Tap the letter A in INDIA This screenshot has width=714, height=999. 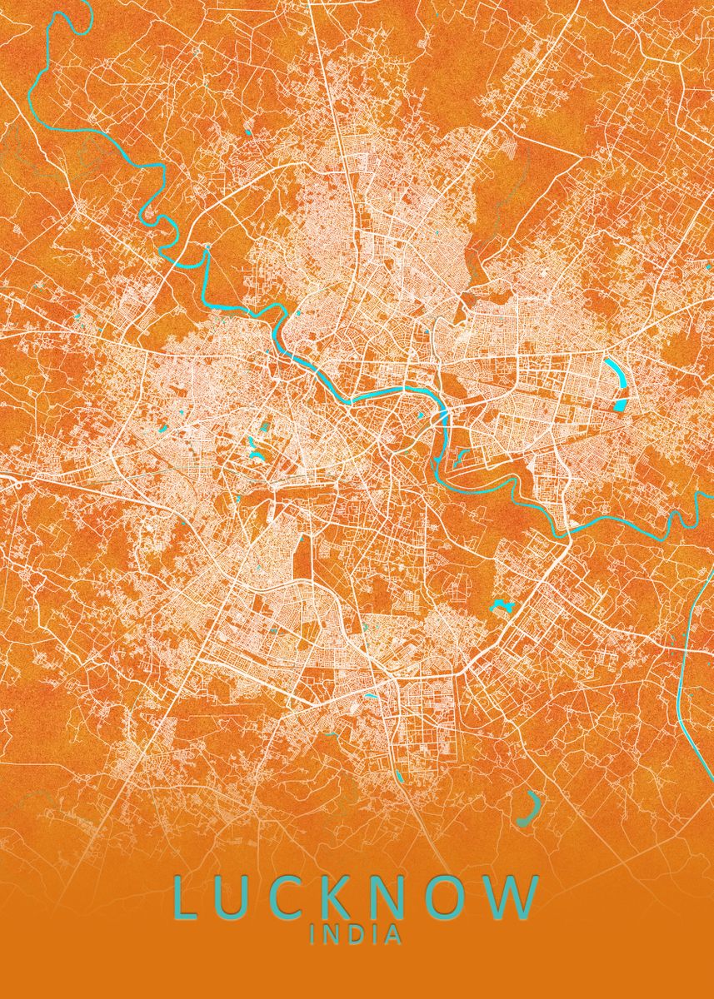coord(392,936)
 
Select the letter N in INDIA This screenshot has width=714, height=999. coord(331,936)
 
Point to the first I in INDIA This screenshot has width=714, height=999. coord(313,936)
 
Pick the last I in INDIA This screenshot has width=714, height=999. coord(373,936)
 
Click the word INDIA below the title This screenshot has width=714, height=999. coord(356,936)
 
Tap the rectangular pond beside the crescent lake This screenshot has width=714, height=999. coord(620,405)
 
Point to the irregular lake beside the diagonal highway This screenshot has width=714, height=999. coord(501,604)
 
